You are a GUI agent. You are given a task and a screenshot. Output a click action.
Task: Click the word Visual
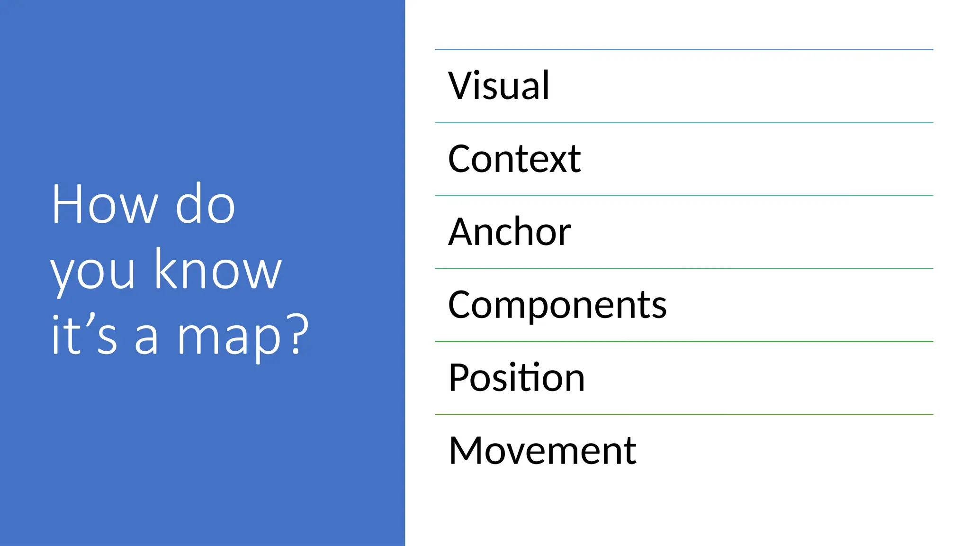coord(499,86)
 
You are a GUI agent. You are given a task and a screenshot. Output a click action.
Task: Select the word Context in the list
coord(514,159)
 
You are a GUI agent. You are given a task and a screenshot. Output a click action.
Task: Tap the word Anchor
coord(510,232)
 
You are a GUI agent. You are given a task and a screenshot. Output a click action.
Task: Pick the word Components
coord(557,305)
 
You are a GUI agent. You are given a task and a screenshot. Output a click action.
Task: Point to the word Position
coord(517,378)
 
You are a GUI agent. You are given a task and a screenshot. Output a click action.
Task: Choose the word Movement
coord(542,451)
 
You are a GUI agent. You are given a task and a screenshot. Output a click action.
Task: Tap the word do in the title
coord(205,204)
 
